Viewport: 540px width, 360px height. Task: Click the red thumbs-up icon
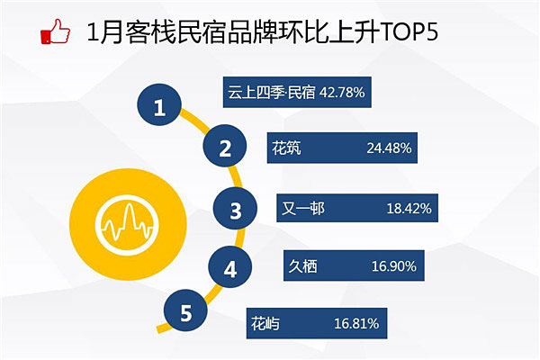[56, 31]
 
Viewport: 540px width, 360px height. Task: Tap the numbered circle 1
[159, 104]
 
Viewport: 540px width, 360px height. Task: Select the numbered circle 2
[225, 146]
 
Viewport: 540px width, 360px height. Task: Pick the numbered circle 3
[235, 209]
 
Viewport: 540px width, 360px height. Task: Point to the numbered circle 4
[230, 267]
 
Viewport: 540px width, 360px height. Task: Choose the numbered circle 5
[185, 310]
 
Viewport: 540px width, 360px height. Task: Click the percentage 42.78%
[342, 93]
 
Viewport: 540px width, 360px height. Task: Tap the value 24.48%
[389, 148]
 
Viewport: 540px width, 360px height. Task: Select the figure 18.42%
[409, 209]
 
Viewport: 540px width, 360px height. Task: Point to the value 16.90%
[394, 266]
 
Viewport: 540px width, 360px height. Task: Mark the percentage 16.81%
[356, 323]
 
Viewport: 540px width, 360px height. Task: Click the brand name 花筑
[286, 148]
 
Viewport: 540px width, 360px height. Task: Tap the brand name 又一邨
[303, 209]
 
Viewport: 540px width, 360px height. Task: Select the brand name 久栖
[303, 266]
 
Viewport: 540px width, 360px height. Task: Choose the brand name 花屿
[265, 323]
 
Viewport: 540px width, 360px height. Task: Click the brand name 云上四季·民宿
[272, 93]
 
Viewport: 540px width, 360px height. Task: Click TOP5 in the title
[409, 31]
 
